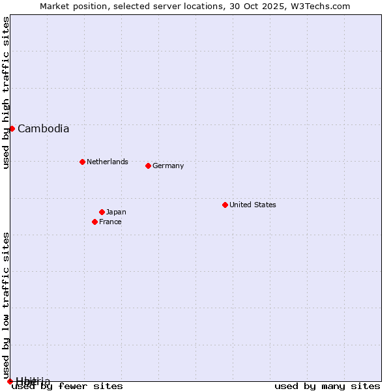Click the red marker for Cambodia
coord(12,128)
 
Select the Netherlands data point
coord(82,162)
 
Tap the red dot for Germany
coord(148,166)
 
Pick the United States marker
coord(225,205)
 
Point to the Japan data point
coord(102,212)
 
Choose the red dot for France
coord(94,222)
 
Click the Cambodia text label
coord(43,129)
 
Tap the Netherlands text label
coord(108,162)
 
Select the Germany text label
coord(168,166)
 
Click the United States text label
coord(253,205)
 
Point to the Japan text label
coord(116,212)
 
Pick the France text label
coord(110,222)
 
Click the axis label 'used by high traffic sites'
coord(6,93)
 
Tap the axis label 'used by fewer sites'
coord(67,386)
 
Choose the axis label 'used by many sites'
coord(327,386)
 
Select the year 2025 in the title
coord(276,6)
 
